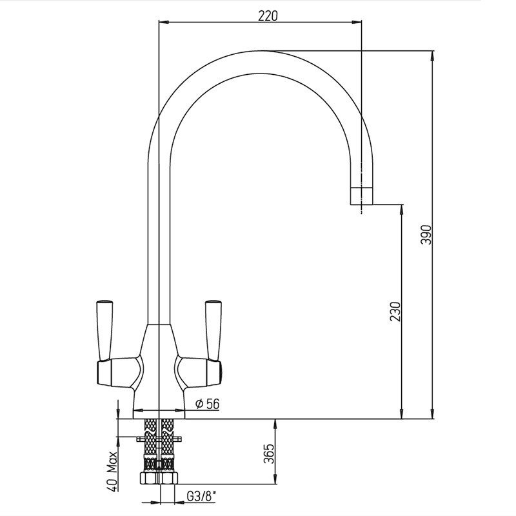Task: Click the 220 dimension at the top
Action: [268, 15]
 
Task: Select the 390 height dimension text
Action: [426, 235]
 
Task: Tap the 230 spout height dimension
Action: [395, 312]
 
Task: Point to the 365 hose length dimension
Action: [269, 454]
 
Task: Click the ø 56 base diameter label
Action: [207, 404]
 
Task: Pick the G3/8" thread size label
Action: [202, 496]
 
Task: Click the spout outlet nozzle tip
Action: [361, 196]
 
